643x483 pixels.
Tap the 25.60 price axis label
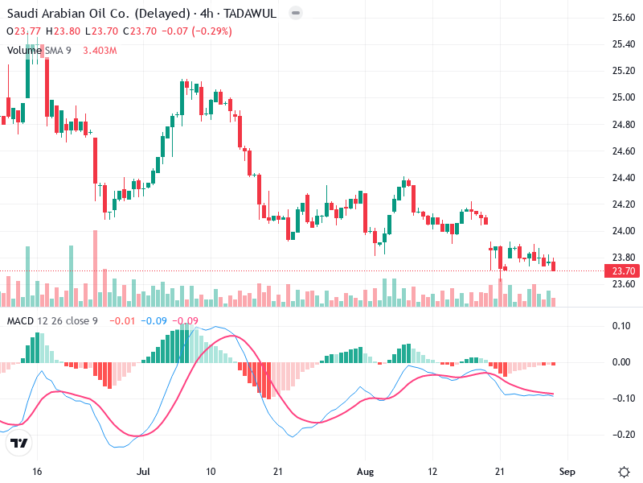(625, 17)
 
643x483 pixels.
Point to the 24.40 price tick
(625, 178)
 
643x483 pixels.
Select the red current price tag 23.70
(625, 270)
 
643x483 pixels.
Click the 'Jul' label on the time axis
(144, 471)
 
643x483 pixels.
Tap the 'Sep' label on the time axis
(567, 471)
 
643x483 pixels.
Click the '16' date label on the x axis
(36, 471)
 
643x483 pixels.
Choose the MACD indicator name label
(19, 321)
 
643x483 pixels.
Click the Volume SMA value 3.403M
(100, 51)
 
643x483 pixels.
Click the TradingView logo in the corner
(19, 444)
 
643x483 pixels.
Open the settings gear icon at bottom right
(624, 471)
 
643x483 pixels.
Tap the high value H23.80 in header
(63, 31)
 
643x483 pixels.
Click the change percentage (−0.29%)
(210, 31)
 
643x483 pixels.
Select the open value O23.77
(24, 31)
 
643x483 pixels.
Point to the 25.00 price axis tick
(625, 97)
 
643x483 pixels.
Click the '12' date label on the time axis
(433, 471)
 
